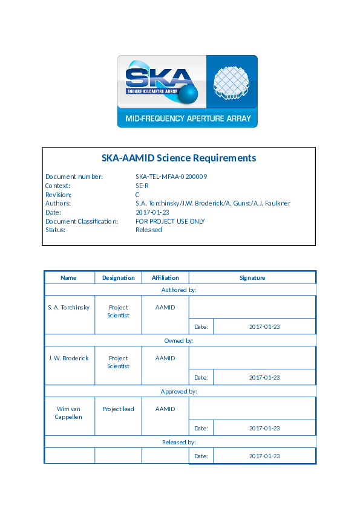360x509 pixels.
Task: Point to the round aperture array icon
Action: (232, 82)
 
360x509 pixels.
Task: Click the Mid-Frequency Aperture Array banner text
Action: (188, 119)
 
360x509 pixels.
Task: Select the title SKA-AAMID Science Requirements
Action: (178, 158)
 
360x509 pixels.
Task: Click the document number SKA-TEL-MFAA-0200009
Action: (171, 177)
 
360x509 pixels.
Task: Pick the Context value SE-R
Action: (142, 186)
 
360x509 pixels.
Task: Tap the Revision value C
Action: (137, 195)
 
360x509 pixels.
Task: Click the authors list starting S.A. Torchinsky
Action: (213, 204)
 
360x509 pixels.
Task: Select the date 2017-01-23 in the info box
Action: (152, 212)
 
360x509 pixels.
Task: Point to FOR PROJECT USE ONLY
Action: (170, 221)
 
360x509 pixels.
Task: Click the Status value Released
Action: (149, 230)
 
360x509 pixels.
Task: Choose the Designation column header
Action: (119, 278)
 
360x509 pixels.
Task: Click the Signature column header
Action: (252, 278)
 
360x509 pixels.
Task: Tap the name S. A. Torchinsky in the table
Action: (69, 308)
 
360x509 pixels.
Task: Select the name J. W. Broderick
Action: (69, 358)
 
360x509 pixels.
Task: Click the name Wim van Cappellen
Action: (69, 413)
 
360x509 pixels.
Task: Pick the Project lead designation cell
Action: (118, 409)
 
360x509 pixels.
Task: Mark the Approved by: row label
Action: (179, 392)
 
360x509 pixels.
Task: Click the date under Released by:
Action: (264, 456)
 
